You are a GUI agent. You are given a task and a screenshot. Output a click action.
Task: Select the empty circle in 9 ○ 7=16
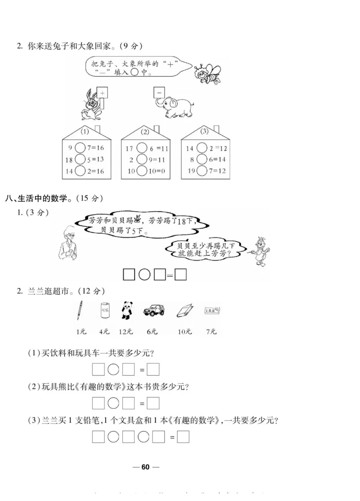tap(80, 147)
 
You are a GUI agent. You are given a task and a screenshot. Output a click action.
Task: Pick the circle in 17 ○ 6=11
tap(142, 147)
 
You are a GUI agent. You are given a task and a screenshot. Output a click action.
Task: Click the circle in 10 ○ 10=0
tap(142, 171)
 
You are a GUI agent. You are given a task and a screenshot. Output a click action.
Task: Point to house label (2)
tap(145, 132)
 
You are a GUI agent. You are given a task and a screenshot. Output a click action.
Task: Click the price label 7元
tap(211, 332)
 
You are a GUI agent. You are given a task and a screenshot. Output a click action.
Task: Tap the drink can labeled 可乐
tap(104, 311)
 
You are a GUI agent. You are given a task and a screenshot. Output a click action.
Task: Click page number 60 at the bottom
tap(145, 467)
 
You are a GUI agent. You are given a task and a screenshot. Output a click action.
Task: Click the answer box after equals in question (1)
tap(153, 370)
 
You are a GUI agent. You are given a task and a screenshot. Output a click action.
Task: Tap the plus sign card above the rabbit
tap(103, 93)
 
